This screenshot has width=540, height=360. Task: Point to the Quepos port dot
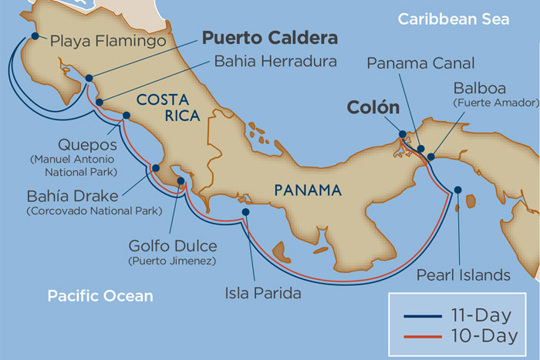coord(127,116)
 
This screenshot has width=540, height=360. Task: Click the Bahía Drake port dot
coord(156,167)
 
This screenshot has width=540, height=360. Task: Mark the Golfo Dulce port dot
coord(181,182)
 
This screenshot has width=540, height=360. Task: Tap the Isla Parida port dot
coord(245,212)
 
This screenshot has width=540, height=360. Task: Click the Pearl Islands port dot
coord(458,190)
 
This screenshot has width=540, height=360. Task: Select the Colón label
coord(373,107)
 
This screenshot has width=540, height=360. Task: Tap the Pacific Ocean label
coord(100,295)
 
